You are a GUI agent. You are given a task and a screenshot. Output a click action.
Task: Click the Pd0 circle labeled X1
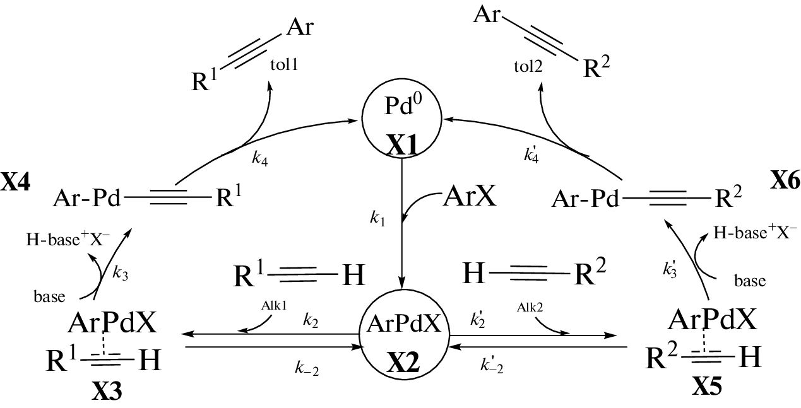403,120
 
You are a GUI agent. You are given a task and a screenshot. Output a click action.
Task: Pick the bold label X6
785,182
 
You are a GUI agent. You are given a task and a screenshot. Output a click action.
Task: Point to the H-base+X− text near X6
755,232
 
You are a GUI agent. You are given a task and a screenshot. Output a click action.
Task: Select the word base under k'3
750,281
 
